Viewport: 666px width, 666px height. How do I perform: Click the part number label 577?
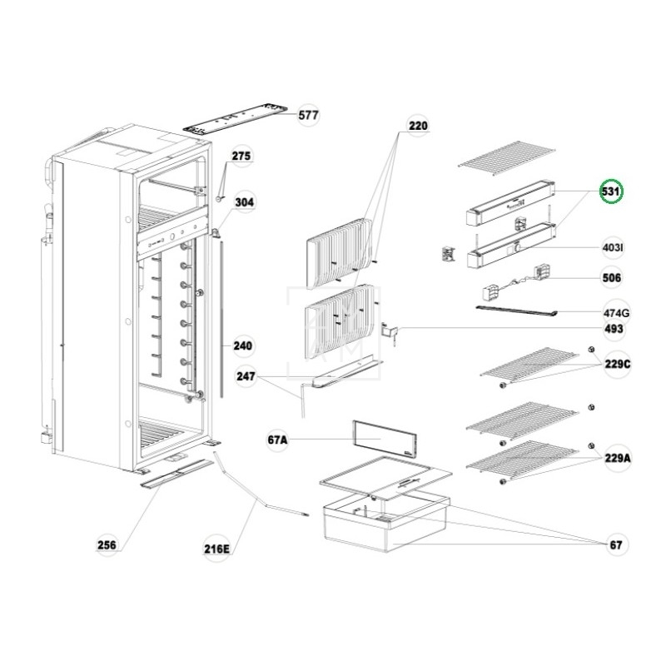coord(308,116)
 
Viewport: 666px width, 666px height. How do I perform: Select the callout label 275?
coord(241,157)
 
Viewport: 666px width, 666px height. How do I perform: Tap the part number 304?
coord(244,202)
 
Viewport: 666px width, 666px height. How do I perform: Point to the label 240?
coord(242,345)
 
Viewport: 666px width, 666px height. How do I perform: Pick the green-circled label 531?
coord(612,193)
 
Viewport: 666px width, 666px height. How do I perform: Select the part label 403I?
coord(614,248)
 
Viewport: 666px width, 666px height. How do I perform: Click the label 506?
coord(612,277)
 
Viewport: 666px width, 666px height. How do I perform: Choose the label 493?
coord(614,330)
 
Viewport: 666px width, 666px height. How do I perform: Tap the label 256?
coord(107,545)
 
